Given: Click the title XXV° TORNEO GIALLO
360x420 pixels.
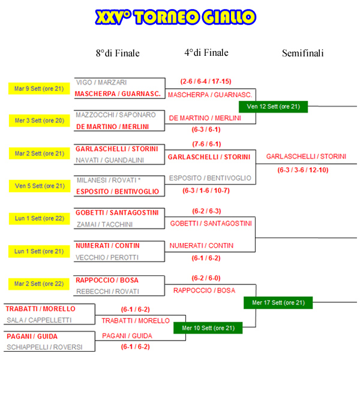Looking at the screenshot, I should click(x=176, y=18).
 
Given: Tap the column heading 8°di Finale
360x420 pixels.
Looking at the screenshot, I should click(x=118, y=53).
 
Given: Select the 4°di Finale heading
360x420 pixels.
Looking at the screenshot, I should click(x=206, y=53).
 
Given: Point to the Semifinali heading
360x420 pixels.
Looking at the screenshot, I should click(x=303, y=53).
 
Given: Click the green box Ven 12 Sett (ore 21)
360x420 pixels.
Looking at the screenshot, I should click(x=273, y=107).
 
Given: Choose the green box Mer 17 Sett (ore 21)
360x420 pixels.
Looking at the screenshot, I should click(x=278, y=302).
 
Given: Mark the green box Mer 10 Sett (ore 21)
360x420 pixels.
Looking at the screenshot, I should click(x=208, y=328).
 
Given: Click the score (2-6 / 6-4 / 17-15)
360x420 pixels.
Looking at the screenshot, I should click(x=206, y=81).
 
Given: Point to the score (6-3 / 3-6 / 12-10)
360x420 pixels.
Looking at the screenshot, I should click(x=303, y=170).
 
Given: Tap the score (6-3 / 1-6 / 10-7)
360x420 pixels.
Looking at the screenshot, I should click(x=206, y=190).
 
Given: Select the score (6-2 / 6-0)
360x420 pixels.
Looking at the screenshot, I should click(x=206, y=278).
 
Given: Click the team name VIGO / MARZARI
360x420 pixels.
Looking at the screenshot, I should click(x=101, y=82).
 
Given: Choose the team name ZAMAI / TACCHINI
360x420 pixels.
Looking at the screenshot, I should click(x=104, y=224).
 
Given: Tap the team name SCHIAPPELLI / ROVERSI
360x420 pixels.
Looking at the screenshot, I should click(x=44, y=347).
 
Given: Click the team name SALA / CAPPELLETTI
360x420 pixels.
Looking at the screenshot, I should click(x=39, y=320).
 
